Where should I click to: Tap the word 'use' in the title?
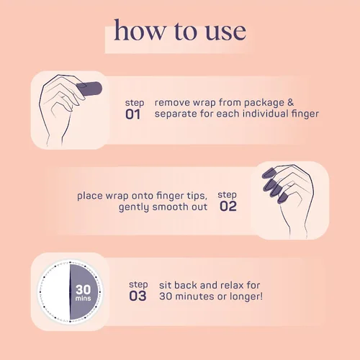click(225, 32)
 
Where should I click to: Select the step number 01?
click(132, 114)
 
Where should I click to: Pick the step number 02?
click(228, 206)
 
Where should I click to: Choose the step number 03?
click(138, 296)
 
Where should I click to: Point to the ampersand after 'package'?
click(290, 102)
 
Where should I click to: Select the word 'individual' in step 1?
click(265, 113)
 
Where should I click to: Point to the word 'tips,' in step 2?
click(197, 196)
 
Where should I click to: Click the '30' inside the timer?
click(84, 289)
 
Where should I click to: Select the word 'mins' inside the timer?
click(83, 298)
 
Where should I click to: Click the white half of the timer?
click(55, 292)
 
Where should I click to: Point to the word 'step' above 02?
click(227, 195)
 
